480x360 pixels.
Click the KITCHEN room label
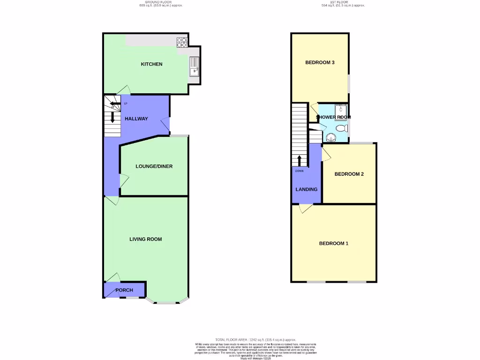[151, 64]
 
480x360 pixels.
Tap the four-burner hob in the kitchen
[181, 42]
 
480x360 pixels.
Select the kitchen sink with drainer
[194, 67]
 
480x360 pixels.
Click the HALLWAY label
[136, 119]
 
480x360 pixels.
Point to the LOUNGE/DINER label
[154, 166]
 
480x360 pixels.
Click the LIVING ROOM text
[146, 239]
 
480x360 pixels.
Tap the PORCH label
[124, 290]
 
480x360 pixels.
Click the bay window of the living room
[166, 302]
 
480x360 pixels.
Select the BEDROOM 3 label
[320, 62]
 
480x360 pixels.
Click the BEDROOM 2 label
[349, 174]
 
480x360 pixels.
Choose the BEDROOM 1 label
[334, 243]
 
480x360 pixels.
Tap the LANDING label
[306, 189]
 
